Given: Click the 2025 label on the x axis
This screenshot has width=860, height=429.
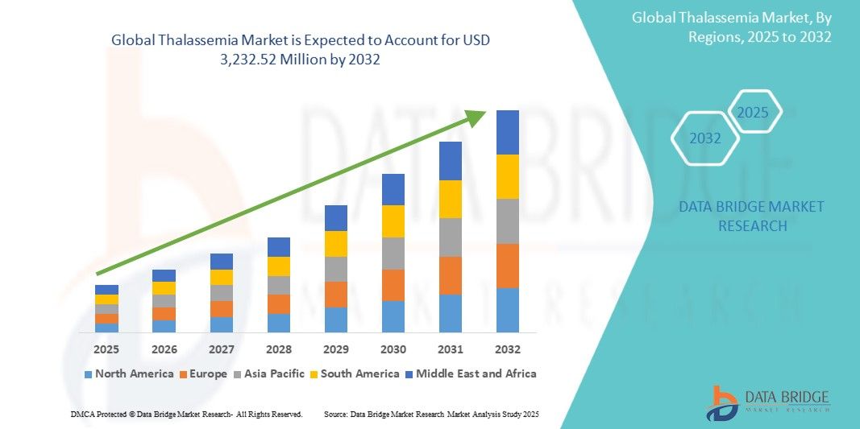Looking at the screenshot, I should coord(106,349).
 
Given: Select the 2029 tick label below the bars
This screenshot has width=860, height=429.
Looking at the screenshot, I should coord(336,349).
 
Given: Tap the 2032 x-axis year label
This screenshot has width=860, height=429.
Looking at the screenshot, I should coord(508,349).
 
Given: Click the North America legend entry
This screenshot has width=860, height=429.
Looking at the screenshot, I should coord(129,373).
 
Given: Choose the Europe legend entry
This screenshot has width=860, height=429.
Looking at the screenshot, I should coord(202,373).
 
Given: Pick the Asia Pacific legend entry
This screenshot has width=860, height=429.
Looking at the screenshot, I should coord(269,373).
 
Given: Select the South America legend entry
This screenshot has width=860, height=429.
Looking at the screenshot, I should coord(355,373).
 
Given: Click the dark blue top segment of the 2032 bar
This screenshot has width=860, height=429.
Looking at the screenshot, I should coord(508,132).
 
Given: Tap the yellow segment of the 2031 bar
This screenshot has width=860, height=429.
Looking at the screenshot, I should coord(451,199).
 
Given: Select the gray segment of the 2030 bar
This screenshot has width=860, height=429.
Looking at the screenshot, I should coord(393,254).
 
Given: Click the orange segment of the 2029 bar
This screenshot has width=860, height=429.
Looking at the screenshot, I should coord(336,295).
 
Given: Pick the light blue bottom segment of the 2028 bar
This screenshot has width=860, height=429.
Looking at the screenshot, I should coord(279,323).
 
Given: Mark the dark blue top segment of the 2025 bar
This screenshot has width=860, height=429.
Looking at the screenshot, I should coord(106,290).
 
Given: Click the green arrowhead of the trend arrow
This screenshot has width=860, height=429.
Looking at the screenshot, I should coord(477,117).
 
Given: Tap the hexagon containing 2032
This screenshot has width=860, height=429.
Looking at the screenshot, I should coord(705,138).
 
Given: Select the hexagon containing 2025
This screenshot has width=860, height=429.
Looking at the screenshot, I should coord(754,112).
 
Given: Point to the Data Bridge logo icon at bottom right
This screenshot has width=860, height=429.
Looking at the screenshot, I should coord(722,402).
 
